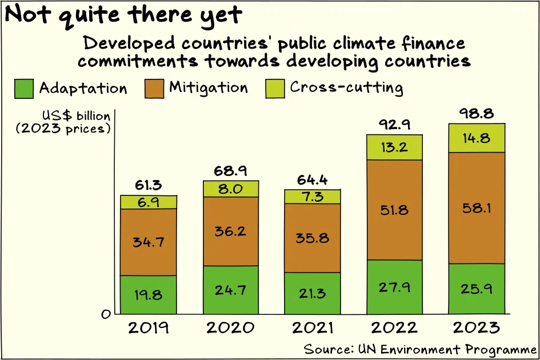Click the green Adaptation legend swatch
pyautogui.click(x=24, y=89)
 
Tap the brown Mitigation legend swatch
pyautogui.click(x=154, y=89)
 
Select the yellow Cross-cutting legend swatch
pyautogui.click(x=275, y=89)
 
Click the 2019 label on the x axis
pyautogui.click(x=149, y=327)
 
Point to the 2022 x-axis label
pyautogui.click(x=394, y=327)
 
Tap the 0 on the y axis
pyautogui.click(x=106, y=314)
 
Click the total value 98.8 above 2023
pyautogui.click(x=477, y=113)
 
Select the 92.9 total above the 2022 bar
pyautogui.click(x=395, y=124)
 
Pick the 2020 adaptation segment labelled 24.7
pyautogui.click(x=231, y=290)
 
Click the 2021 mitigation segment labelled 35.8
pyautogui.click(x=313, y=238)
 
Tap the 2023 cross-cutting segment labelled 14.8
pyautogui.click(x=477, y=138)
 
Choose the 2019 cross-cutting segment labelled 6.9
pyautogui.click(x=149, y=202)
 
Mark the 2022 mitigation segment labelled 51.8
pyautogui.click(x=394, y=210)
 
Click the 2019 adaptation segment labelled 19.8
pyautogui.click(x=149, y=294)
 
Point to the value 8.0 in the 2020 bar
pyautogui.click(x=230, y=189)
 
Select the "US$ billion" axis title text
pyautogui.click(x=76, y=116)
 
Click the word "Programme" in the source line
pyautogui.click(x=501, y=349)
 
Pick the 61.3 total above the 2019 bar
pyautogui.click(x=148, y=185)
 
